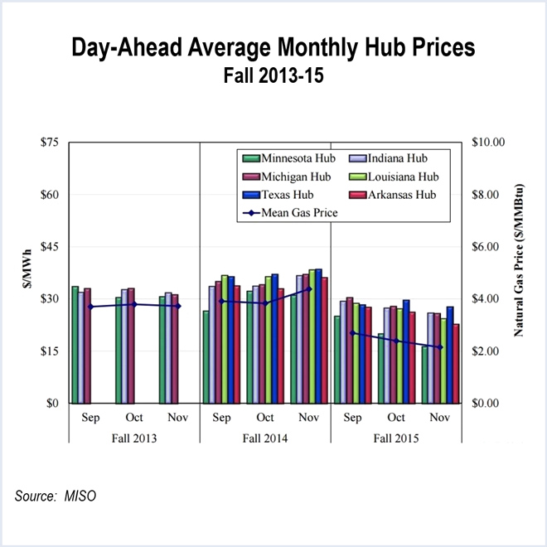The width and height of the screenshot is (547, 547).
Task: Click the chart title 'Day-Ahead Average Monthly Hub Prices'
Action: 273,48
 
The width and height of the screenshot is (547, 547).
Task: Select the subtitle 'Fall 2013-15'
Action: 273,77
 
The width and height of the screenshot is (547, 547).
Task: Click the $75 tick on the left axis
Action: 50,143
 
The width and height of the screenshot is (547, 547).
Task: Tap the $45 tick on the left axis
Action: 50,247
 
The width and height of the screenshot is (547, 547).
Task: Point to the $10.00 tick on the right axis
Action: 488,143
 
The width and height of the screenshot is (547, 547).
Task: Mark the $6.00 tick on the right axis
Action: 488,247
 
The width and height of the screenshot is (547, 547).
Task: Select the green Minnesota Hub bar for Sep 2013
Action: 75,345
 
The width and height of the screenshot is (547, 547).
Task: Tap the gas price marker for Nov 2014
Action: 308,289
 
